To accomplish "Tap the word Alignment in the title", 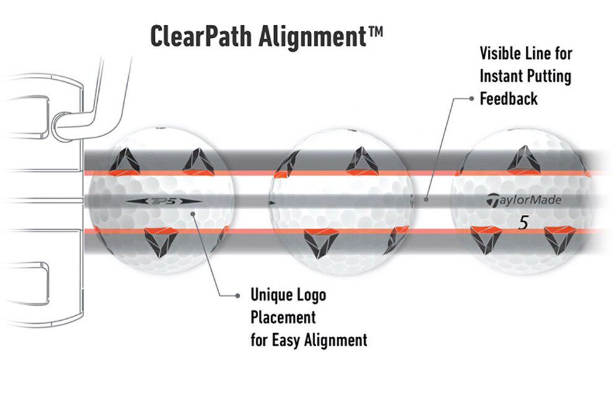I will [316, 37].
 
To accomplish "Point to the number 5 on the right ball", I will [523, 224].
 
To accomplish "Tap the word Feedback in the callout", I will [509, 98].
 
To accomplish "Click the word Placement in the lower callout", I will [283, 318].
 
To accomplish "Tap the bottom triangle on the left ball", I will [160, 241].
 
